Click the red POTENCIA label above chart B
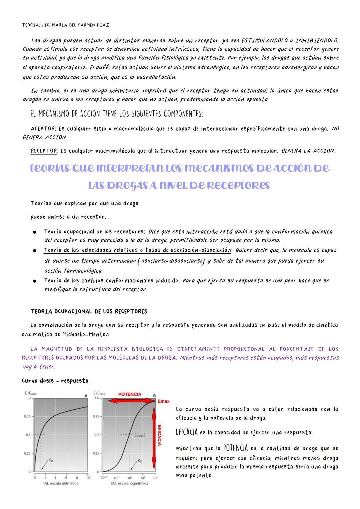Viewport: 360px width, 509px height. click(x=130, y=394)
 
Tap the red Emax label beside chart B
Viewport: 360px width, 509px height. click(x=163, y=401)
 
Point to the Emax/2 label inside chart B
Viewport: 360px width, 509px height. click(x=140, y=435)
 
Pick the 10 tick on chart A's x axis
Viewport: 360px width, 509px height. click(x=88, y=478)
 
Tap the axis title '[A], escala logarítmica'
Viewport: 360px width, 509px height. click(x=130, y=483)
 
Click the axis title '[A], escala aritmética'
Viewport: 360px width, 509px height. click(x=61, y=483)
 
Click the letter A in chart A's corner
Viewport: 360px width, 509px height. click(x=86, y=395)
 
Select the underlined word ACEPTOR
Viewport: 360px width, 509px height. click(x=42, y=129)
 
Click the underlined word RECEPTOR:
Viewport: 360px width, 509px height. click(x=44, y=151)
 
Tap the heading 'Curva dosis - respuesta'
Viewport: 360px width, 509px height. click(x=55, y=381)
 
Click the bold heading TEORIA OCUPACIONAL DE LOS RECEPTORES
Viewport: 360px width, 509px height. click(x=89, y=312)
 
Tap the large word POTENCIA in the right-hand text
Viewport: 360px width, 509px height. click(x=235, y=448)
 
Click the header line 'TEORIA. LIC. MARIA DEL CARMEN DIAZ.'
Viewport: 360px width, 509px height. click(x=66, y=25)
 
